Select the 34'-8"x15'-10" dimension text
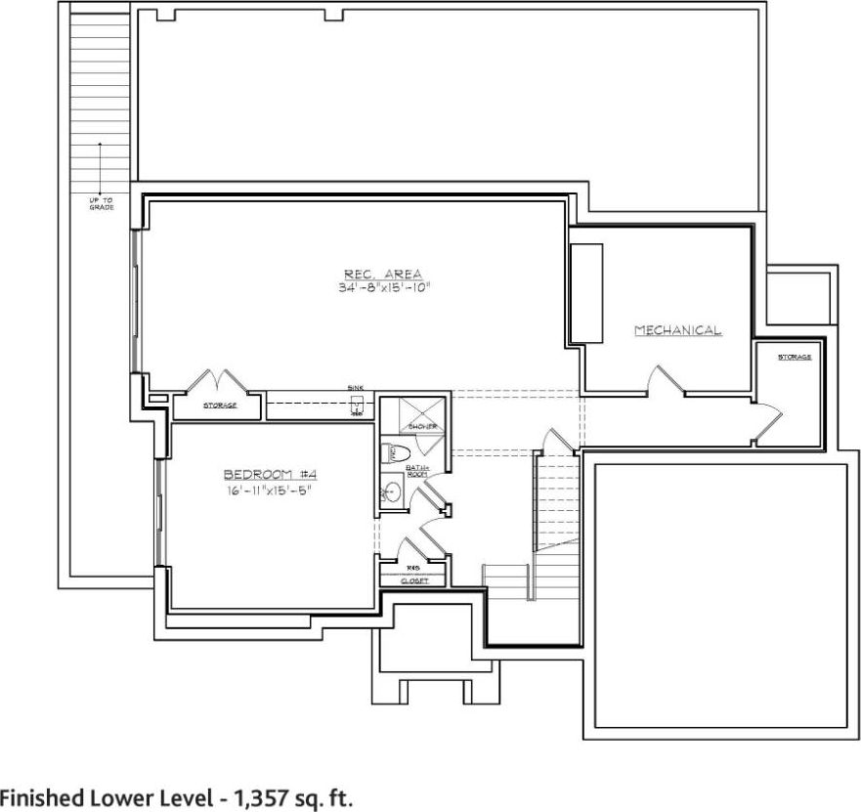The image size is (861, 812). [382, 288]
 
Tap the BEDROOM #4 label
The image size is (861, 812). [271, 475]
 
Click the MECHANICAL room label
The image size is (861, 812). [678, 330]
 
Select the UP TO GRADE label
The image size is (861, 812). [101, 203]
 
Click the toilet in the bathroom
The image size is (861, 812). [399, 453]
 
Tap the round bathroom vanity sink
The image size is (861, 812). [391, 491]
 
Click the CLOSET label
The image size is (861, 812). [414, 580]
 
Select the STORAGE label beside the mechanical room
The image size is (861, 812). [795, 357]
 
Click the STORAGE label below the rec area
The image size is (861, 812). [219, 405]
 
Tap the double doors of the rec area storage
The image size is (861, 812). [216, 380]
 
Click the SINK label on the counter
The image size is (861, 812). [355, 388]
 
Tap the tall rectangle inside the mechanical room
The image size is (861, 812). [586, 293]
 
